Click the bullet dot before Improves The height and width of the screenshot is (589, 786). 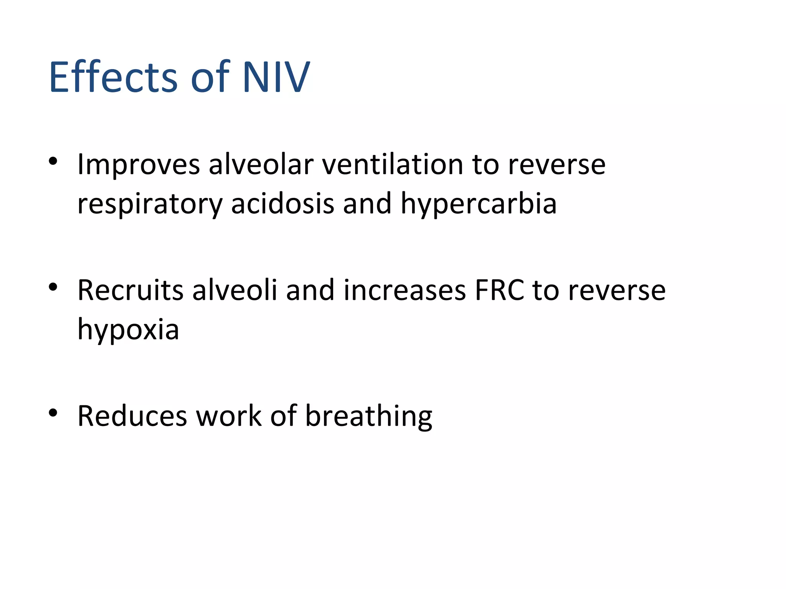tap(53, 161)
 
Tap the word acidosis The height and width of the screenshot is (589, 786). tap(282, 204)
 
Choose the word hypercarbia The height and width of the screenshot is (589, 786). tap(479, 204)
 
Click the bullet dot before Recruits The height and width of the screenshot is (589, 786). tap(53, 287)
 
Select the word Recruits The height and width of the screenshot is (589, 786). tap(130, 290)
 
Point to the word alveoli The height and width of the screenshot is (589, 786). tap(234, 290)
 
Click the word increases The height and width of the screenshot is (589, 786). tap(405, 290)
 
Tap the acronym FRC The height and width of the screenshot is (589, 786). tap(499, 290)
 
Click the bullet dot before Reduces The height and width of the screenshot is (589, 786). tap(53, 413)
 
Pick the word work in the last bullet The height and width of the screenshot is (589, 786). tap(229, 416)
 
